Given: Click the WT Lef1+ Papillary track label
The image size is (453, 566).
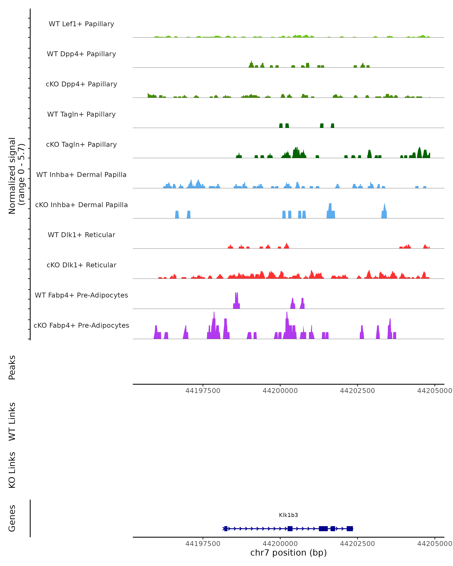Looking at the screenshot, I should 81,24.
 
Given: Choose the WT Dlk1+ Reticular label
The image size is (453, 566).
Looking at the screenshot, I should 81,235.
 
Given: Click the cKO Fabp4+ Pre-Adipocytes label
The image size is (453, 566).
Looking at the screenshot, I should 81,325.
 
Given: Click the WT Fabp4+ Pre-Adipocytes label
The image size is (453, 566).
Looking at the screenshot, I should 81,295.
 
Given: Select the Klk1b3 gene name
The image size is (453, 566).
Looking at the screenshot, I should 288,515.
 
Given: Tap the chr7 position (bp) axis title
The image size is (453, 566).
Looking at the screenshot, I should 288,553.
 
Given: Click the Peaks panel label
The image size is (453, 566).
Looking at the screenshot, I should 12,367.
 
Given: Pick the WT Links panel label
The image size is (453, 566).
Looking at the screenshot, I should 12,421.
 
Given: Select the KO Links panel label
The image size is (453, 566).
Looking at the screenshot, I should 12,470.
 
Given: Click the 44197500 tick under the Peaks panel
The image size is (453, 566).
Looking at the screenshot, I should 203,391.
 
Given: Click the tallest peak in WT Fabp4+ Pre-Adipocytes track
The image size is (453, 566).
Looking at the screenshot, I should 236,299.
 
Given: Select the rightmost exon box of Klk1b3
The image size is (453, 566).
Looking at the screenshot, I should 350,528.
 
